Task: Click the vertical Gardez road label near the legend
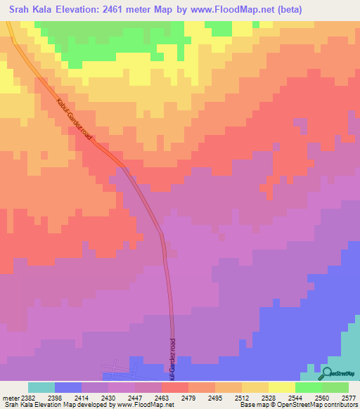tap(171, 358)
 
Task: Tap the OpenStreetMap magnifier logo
tap(328, 374)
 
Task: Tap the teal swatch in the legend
tap(41, 387)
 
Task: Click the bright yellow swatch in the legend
tap(281, 387)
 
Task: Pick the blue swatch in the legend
tap(67, 387)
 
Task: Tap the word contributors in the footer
tap(340, 405)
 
